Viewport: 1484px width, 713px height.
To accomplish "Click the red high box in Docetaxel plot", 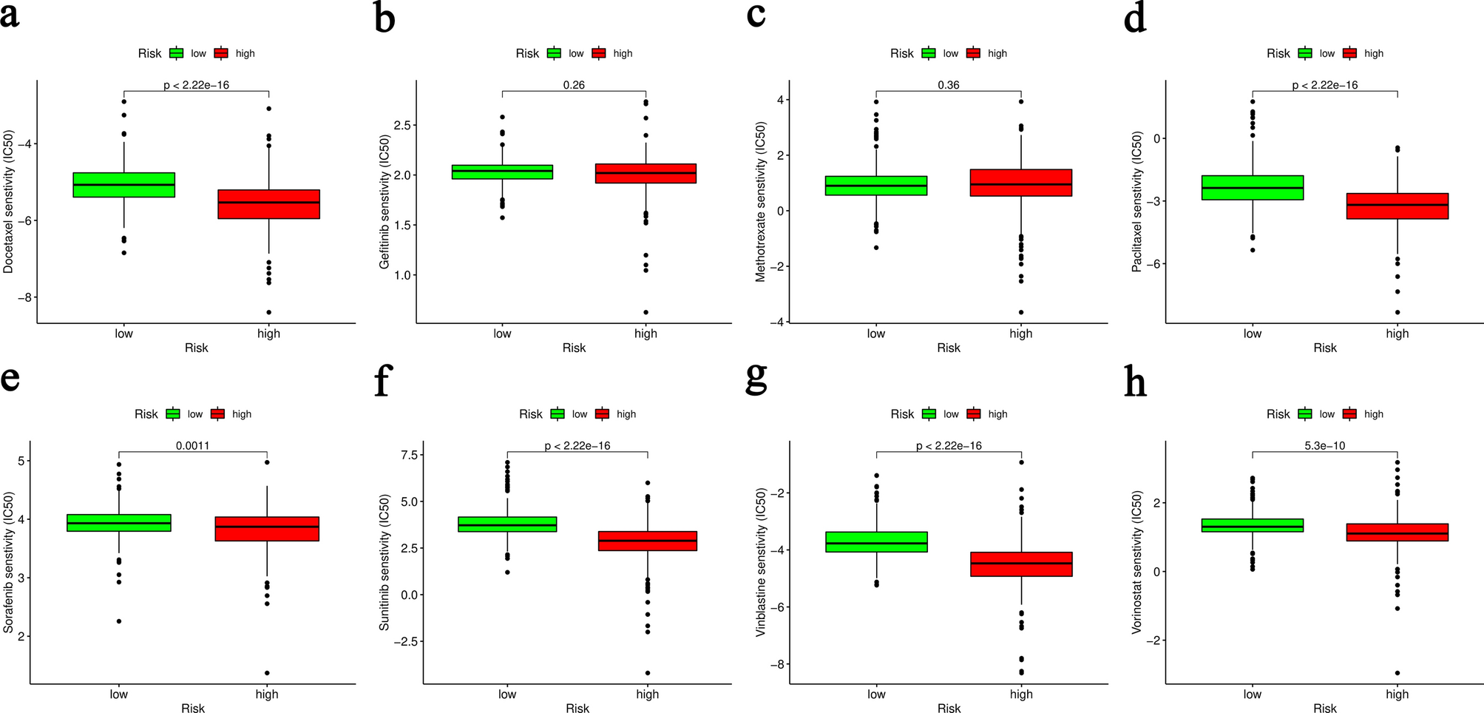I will (x=268, y=204).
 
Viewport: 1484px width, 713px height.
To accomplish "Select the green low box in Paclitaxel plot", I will (x=1253, y=188).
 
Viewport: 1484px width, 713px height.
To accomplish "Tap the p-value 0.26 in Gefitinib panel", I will (x=574, y=85).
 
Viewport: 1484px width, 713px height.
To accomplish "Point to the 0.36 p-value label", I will (x=949, y=85).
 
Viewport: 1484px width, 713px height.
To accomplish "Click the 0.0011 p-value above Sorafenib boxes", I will (x=192, y=446).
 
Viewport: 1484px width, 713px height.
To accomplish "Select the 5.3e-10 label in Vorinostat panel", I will (x=1325, y=446).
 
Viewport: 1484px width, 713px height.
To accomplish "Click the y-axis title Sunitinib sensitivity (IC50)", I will (x=384, y=562).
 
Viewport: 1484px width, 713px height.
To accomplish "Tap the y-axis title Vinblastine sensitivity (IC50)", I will (x=760, y=562).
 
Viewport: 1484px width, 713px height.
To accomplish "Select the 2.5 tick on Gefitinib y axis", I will (x=402, y=125).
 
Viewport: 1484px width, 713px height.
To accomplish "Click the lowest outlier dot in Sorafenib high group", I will (x=267, y=673).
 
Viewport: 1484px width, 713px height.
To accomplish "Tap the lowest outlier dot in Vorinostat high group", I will (x=1397, y=673).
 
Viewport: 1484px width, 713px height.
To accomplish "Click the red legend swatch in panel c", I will (x=974, y=53).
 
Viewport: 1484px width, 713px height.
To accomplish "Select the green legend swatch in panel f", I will (x=558, y=414).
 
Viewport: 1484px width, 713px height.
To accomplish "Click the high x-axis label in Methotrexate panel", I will (x=1020, y=334).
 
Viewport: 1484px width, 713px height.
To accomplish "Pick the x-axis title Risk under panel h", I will (x=1325, y=709).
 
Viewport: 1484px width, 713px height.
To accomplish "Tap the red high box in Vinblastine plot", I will (x=1021, y=564).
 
